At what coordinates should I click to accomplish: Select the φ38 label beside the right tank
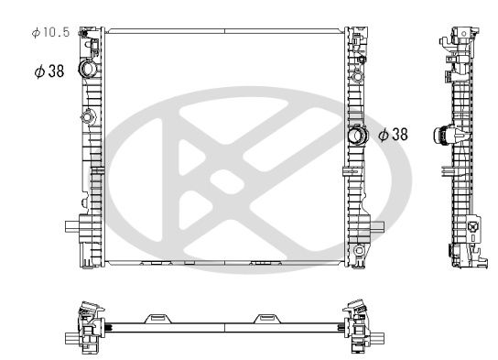(393, 135)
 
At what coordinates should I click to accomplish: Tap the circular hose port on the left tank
(88, 70)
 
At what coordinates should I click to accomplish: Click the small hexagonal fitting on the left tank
(89, 116)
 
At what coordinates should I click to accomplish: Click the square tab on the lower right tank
(377, 226)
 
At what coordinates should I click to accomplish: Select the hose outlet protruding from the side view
(443, 135)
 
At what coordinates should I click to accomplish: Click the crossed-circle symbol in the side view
(472, 227)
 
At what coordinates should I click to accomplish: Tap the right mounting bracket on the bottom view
(267, 317)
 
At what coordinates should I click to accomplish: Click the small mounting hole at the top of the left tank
(83, 36)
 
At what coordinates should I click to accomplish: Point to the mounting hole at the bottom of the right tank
(360, 251)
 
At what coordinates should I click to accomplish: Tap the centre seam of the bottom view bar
(225, 326)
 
